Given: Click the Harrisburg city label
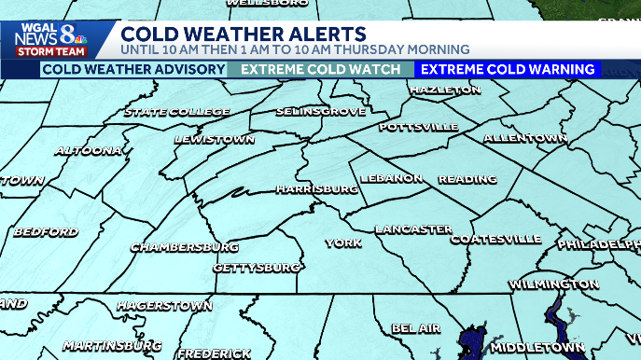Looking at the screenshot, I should click(x=317, y=188).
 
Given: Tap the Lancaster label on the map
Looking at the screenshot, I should click(x=413, y=229).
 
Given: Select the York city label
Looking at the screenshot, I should click(x=342, y=243).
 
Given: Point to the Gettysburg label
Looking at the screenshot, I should click(x=257, y=268).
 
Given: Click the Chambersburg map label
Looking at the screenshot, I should click(x=185, y=247).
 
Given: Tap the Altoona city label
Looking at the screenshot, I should click(x=88, y=150).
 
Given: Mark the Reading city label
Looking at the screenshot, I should click(x=462, y=178).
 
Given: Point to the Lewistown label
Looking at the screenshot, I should click(x=215, y=140).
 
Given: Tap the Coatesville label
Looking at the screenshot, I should click(x=495, y=240).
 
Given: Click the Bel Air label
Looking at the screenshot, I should click(x=415, y=328).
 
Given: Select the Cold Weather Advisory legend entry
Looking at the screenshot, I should click(x=120, y=69).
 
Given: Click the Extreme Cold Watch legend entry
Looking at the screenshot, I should click(x=321, y=69).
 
